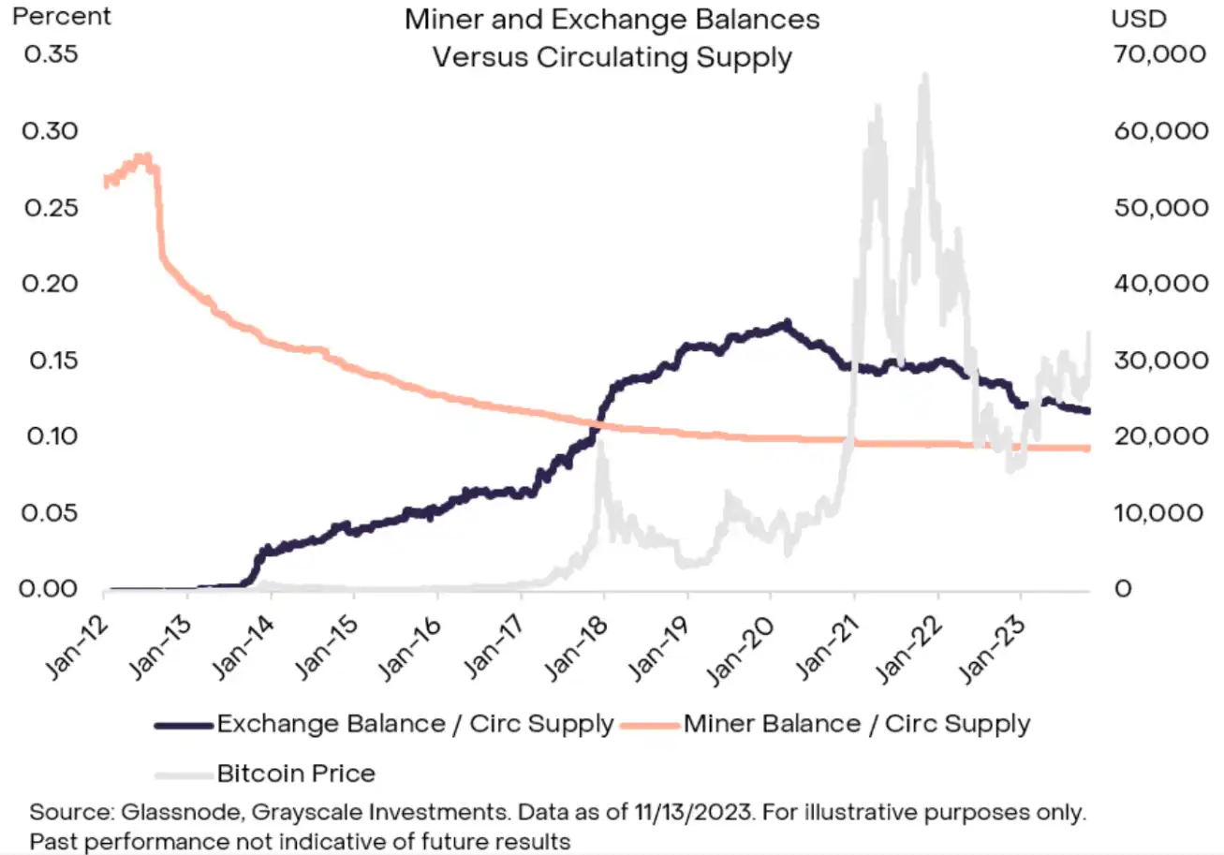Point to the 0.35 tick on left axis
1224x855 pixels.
tap(51, 53)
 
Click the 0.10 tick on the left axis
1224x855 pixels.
tap(51, 436)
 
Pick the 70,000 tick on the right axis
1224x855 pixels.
tap(1159, 53)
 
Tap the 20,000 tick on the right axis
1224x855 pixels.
tap(1159, 436)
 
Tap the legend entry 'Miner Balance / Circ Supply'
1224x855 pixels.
tap(857, 724)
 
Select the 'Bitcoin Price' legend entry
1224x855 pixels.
tap(296, 774)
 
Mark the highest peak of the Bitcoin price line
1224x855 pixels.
tap(925, 75)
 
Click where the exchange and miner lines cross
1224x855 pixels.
tap(597, 424)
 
